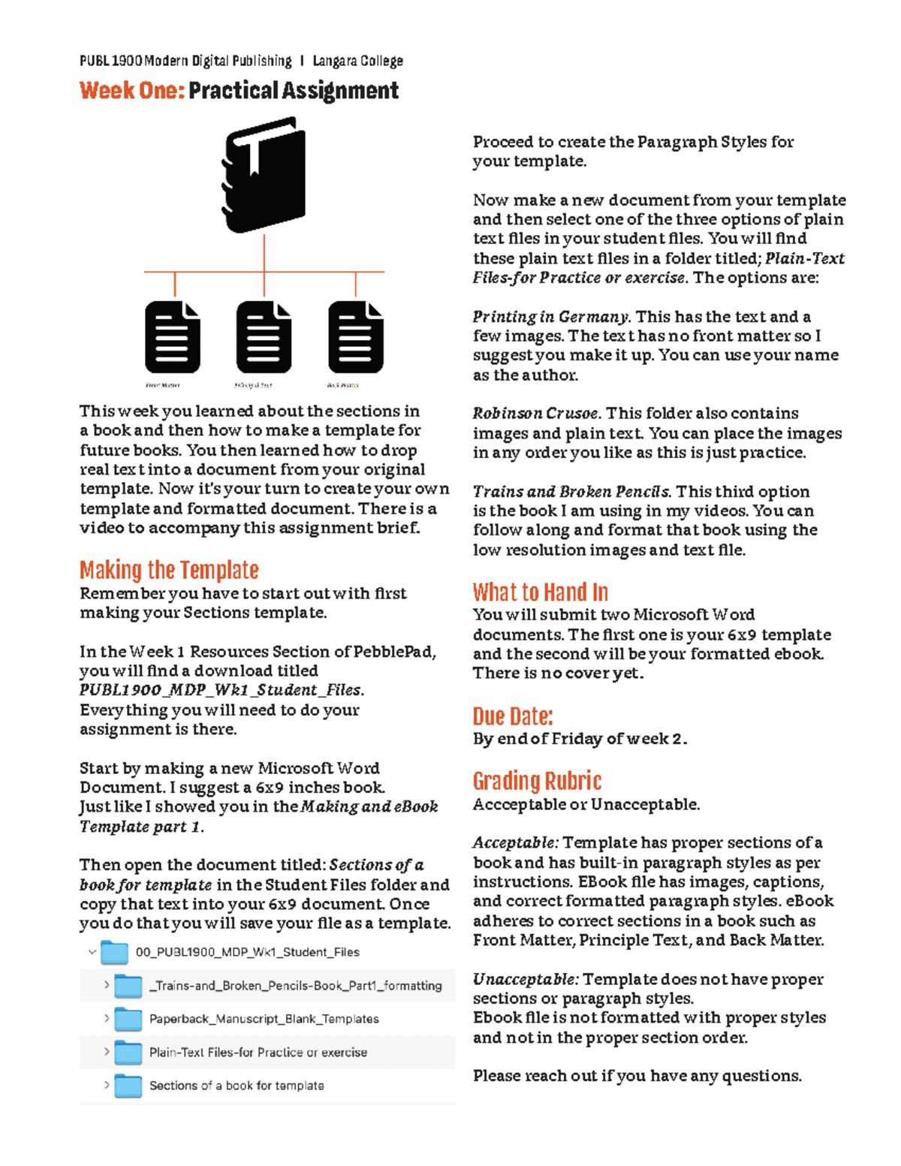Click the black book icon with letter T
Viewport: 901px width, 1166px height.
pyautogui.click(x=264, y=175)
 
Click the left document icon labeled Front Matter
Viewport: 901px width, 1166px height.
pyautogui.click(x=173, y=337)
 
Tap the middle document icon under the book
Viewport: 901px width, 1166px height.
pyautogui.click(x=264, y=337)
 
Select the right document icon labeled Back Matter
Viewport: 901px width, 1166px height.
pyautogui.click(x=356, y=337)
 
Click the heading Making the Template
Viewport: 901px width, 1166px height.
pyautogui.click(x=169, y=570)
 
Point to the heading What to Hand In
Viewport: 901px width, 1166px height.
pyautogui.click(x=540, y=592)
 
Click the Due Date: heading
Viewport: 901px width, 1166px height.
pyautogui.click(x=513, y=716)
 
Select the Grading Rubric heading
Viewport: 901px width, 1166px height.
pyautogui.click(x=537, y=781)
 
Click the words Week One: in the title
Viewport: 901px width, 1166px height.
pyautogui.click(x=132, y=91)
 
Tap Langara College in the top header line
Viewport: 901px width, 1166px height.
pyautogui.click(x=357, y=61)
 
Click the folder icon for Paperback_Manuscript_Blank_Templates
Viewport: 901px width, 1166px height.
pyautogui.click(x=128, y=1019)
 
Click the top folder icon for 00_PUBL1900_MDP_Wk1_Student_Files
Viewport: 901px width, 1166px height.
pyautogui.click(x=115, y=952)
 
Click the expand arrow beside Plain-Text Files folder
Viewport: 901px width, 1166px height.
pyautogui.click(x=107, y=1052)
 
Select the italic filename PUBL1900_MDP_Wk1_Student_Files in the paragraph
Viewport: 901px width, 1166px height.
pyautogui.click(x=221, y=690)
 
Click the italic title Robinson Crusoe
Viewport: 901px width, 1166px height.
pyautogui.click(x=535, y=414)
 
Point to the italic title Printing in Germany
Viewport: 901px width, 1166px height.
pyautogui.click(x=551, y=317)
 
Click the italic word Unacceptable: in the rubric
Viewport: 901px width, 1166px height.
pyautogui.click(x=525, y=980)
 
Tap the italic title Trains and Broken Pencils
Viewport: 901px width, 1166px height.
pyautogui.click(x=571, y=492)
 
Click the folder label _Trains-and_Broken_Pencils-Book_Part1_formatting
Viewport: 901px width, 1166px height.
pyautogui.click(x=295, y=986)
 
